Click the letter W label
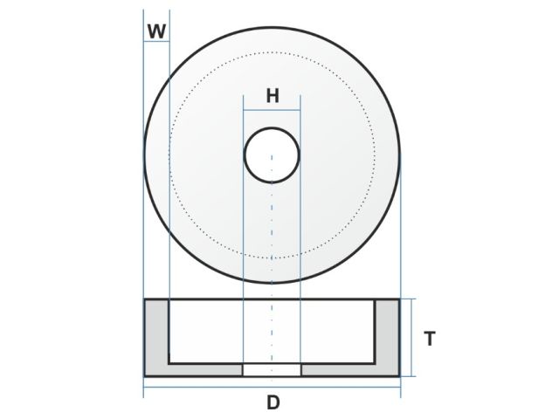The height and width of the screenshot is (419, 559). (x=156, y=31)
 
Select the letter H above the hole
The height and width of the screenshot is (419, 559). (x=273, y=96)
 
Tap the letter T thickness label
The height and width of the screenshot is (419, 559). (x=429, y=340)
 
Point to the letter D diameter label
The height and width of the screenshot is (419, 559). (x=273, y=402)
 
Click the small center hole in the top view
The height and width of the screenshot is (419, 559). (x=272, y=155)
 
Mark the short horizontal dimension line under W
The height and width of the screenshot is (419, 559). (x=156, y=42)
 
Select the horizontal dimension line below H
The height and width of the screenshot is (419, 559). (x=272, y=110)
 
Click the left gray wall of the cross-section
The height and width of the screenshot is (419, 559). (x=155, y=336)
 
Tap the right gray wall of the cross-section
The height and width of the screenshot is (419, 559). (x=388, y=336)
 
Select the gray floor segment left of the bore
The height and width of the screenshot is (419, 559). (x=204, y=370)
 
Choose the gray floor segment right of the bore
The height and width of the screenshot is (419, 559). (x=339, y=370)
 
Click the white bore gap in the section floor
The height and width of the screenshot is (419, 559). (x=272, y=370)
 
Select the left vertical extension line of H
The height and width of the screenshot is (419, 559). (x=243, y=218)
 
